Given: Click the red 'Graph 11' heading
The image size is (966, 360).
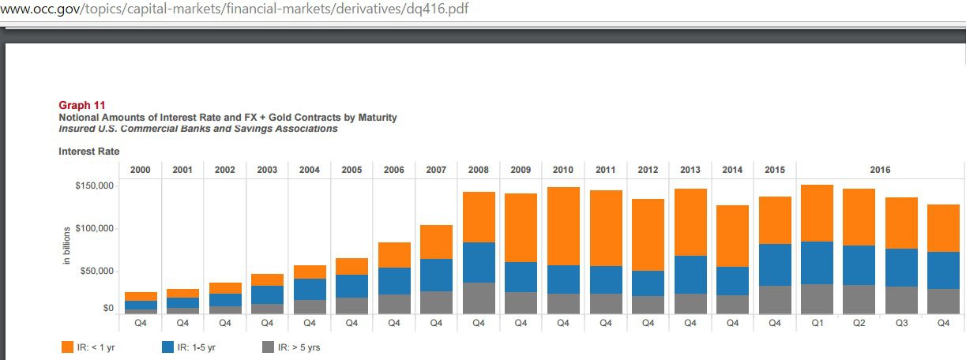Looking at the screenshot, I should click(x=82, y=105).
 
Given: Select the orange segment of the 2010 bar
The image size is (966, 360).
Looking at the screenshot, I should click(x=563, y=226).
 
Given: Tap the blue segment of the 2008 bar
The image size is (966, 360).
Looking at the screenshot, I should click(x=479, y=262).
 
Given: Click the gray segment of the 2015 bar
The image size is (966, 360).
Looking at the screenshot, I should click(x=774, y=299).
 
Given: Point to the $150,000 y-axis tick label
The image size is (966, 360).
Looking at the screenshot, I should click(x=94, y=186).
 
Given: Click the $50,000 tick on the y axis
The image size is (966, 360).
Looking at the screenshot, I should click(x=97, y=272).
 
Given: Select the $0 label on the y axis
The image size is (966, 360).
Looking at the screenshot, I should click(x=108, y=309).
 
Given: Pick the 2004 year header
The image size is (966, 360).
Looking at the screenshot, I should click(x=309, y=170).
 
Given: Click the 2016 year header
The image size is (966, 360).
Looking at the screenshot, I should click(x=880, y=170).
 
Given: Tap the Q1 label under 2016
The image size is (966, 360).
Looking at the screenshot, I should click(x=817, y=322).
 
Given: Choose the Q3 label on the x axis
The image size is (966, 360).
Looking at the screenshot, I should click(x=901, y=322).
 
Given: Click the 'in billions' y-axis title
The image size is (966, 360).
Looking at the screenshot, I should click(x=67, y=246).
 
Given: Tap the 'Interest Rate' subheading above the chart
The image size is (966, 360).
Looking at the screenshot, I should click(x=84, y=151).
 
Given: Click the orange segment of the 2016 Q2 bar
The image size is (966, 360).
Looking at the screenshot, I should click(x=859, y=217).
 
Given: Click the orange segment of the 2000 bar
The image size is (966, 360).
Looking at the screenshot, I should click(x=141, y=296).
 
